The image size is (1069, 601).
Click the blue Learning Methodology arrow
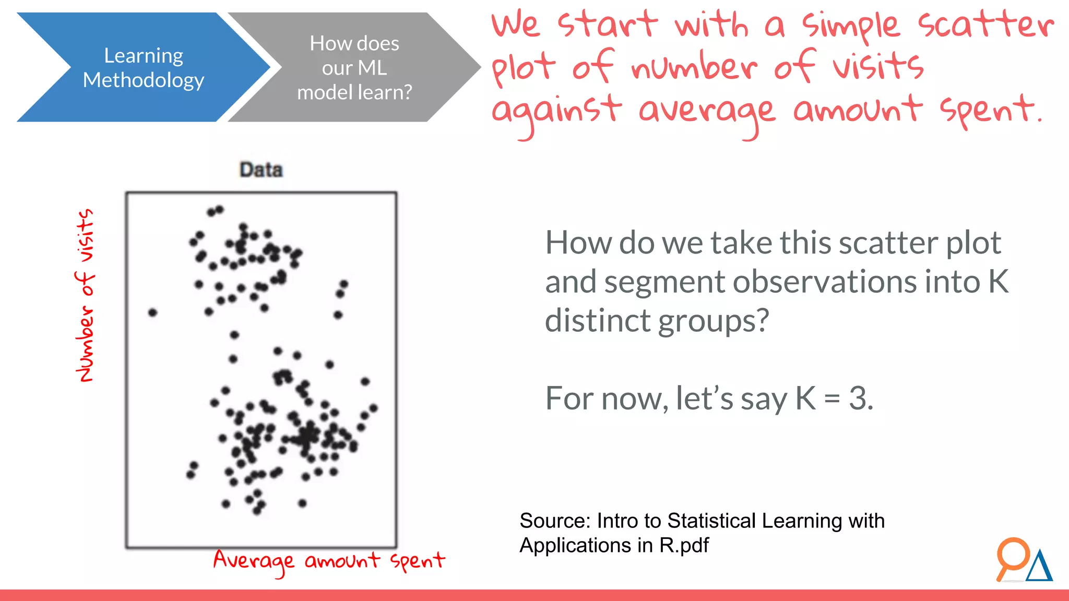click(144, 67)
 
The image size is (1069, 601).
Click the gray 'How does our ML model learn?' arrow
click(354, 67)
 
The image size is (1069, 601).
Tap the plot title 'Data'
click(261, 170)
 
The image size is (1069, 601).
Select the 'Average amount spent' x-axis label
click(329, 561)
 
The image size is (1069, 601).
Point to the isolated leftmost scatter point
click(152, 312)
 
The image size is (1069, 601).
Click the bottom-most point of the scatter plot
click(257, 511)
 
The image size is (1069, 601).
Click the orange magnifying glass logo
click(1012, 557)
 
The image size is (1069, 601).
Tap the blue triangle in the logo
click(1039, 568)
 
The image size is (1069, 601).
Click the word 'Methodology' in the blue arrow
click(144, 80)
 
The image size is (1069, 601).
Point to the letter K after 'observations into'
click(998, 282)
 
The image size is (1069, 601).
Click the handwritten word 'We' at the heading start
click(516, 25)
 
